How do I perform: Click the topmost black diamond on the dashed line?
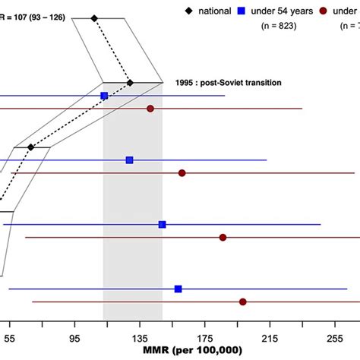click(x=94, y=17)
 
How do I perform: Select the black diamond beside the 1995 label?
click(x=130, y=82)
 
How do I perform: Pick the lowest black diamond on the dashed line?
click(x=30, y=147)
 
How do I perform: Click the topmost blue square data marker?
click(x=104, y=96)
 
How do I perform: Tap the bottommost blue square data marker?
click(x=178, y=289)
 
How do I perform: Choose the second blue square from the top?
click(x=129, y=160)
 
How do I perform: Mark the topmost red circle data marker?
click(x=150, y=109)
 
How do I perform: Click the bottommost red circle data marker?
click(x=243, y=302)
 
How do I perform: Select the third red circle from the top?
click(x=223, y=238)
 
